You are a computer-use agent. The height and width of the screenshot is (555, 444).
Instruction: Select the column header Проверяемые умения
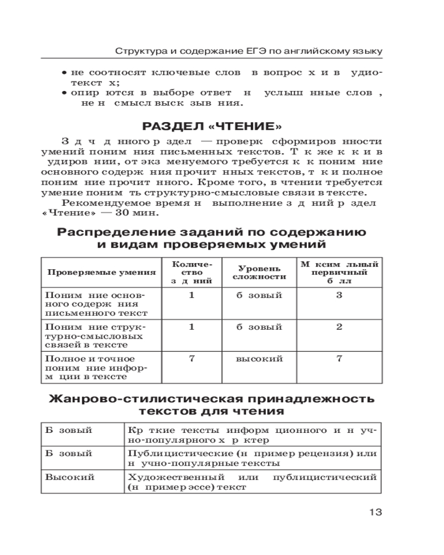pyautogui.click(x=101, y=273)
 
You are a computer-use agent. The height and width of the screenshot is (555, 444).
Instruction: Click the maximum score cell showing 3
pyautogui.click(x=339, y=295)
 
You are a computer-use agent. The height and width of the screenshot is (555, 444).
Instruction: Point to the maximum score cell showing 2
pyautogui.click(x=339, y=327)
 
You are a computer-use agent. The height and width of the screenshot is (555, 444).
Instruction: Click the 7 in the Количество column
pyautogui.click(x=191, y=359)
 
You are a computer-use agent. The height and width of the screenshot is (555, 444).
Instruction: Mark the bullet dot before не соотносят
pyautogui.click(x=64, y=73)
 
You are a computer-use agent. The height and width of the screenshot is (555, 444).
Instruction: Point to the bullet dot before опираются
pyautogui.click(x=64, y=93)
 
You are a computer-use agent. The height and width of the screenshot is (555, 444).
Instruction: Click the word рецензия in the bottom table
pyautogui.click(x=321, y=453)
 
